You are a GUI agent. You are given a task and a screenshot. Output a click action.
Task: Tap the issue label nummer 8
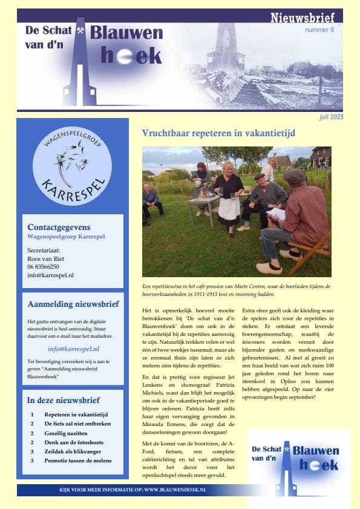[319, 30]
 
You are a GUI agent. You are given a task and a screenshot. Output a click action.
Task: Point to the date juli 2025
[332, 117]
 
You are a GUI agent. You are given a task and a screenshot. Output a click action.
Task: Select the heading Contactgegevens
[59, 226]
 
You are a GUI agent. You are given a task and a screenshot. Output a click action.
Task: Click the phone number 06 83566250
[44, 266]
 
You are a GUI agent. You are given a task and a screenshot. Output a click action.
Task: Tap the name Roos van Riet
[46, 258]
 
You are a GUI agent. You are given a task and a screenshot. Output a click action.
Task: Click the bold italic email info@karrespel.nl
[73, 349]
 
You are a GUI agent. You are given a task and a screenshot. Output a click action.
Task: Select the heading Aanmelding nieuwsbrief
[73, 304]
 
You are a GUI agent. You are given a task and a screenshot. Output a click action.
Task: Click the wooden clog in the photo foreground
[269, 268]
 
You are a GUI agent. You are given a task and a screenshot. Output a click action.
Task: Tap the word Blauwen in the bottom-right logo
[315, 450]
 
